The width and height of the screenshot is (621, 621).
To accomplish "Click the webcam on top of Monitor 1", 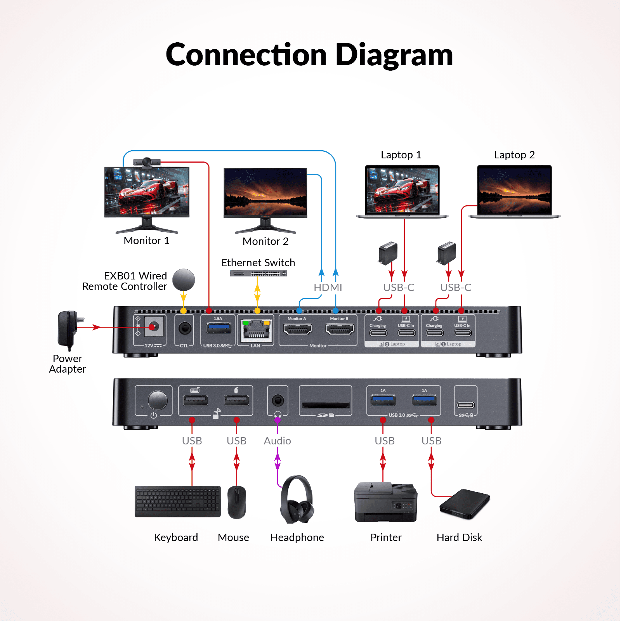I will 147,161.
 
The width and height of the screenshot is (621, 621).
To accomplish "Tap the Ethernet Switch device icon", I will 258,273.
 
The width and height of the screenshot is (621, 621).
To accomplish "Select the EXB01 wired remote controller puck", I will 184,280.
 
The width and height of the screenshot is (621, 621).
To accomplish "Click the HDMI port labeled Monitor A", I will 298,330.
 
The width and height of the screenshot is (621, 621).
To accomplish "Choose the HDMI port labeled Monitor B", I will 340,330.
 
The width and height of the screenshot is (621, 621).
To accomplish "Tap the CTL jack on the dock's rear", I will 185,328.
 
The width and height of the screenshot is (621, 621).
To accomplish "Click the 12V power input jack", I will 154,327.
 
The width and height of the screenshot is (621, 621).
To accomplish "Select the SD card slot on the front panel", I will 326,405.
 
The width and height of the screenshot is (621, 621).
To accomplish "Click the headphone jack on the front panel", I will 278,400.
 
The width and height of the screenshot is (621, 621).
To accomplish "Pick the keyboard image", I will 177,501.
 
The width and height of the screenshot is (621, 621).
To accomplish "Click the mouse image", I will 237,502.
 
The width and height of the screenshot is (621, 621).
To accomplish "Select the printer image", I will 386,502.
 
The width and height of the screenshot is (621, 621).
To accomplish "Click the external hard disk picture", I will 465,504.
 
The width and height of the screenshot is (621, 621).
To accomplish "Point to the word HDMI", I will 328,288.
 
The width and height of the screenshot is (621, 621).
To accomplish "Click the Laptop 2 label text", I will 514,155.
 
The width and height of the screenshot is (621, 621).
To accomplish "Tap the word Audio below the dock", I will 277,441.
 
